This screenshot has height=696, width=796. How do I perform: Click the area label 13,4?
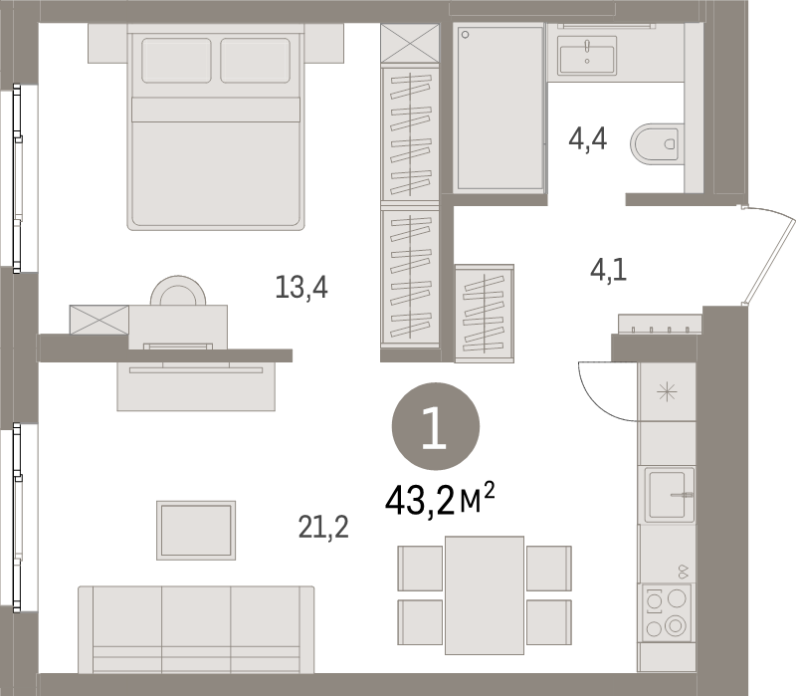point(301,288)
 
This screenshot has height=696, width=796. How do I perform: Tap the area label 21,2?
point(322,526)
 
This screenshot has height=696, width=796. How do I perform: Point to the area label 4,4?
point(587,139)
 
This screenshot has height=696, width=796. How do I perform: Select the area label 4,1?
point(607,270)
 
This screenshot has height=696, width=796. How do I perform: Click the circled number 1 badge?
point(435,427)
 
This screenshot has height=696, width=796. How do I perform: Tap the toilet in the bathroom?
point(657,144)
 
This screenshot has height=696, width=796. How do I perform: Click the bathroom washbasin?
point(587,55)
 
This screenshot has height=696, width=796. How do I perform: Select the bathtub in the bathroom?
point(499,109)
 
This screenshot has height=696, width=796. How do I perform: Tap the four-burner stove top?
point(666,612)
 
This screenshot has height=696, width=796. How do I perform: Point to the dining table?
point(485,594)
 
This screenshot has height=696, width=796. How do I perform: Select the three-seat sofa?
point(196,630)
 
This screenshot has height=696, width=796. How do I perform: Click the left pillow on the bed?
point(176,61)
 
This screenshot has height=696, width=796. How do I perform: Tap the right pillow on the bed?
point(256,61)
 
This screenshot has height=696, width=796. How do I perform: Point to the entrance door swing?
point(767,253)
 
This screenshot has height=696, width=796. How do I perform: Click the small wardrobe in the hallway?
point(485,312)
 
